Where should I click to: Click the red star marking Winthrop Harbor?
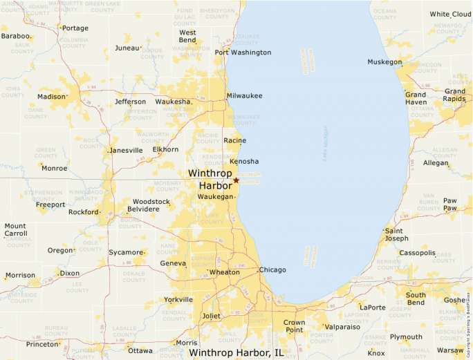(x=236, y=180)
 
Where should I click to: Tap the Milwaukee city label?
(x=245, y=96)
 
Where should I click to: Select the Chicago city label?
(x=272, y=269)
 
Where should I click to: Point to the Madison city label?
(x=50, y=97)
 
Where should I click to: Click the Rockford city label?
(x=83, y=212)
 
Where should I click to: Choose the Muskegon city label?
(x=384, y=62)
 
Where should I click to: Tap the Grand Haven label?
(x=416, y=99)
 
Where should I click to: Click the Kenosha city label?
(x=244, y=161)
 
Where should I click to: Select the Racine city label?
(x=235, y=140)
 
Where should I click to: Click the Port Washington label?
(x=243, y=53)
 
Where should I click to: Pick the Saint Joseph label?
(x=398, y=235)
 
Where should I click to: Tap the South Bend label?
(x=416, y=299)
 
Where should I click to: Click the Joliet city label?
(x=211, y=316)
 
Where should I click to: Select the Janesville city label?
(x=127, y=150)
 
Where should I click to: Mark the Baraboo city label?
(x=16, y=36)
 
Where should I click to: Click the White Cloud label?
(x=450, y=15)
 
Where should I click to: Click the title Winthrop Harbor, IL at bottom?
(x=236, y=352)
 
